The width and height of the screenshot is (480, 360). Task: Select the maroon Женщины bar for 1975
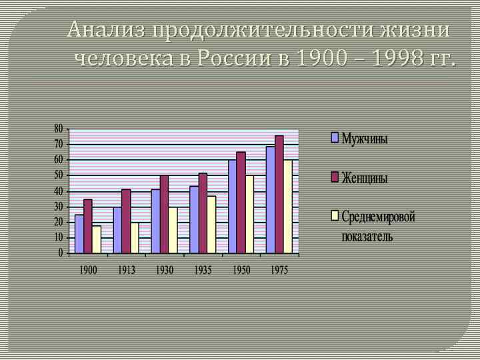(x=279, y=194)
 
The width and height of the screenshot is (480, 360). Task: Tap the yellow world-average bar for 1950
(x=249, y=214)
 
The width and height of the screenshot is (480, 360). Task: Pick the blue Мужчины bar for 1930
(x=156, y=221)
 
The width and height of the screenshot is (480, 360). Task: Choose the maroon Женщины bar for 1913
(x=126, y=221)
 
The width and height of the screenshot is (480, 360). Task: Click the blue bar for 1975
(x=270, y=199)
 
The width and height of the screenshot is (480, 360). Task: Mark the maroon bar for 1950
(x=241, y=202)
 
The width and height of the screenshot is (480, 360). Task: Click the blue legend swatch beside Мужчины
(x=335, y=139)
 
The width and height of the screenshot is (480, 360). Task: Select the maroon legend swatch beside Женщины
(x=335, y=177)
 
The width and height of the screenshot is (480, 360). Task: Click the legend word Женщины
(x=365, y=178)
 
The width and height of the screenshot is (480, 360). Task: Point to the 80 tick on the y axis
(x=58, y=128)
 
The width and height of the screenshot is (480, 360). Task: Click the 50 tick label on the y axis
(x=58, y=175)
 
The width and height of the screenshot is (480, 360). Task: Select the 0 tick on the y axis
(x=61, y=253)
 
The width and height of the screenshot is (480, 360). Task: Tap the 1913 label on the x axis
(x=126, y=270)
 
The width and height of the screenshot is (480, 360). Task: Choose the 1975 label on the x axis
(x=279, y=270)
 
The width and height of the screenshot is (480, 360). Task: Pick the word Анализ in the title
(x=107, y=30)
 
